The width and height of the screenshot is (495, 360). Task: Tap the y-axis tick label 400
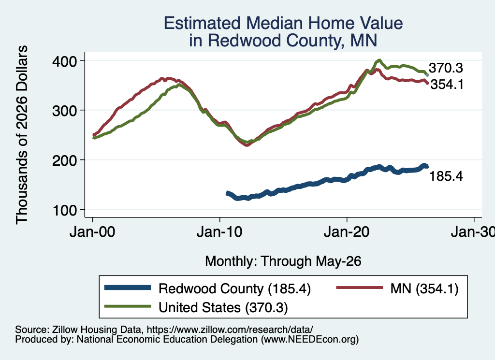(64, 61)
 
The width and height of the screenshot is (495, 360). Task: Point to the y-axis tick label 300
(64, 111)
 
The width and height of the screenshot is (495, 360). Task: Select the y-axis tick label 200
(64, 160)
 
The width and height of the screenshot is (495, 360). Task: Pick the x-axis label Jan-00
(92, 232)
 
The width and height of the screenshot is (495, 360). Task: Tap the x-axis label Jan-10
(219, 232)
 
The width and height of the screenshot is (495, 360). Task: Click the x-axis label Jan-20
(347, 232)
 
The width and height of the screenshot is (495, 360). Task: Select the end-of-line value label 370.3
(446, 68)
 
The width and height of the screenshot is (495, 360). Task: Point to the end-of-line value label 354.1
(447, 84)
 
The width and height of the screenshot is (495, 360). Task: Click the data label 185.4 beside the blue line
(446, 176)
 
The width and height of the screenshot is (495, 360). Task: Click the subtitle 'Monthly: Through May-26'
(283, 261)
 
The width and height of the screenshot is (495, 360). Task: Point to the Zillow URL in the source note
(230, 330)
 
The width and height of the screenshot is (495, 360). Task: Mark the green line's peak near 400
(379, 60)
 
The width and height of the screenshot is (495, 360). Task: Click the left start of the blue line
(227, 193)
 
